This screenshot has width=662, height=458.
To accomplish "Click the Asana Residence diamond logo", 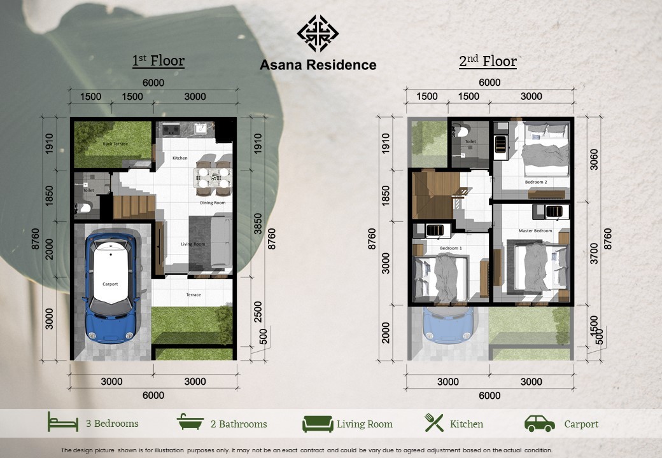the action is click(318, 33).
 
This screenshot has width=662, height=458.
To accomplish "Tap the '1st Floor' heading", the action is click(158, 60).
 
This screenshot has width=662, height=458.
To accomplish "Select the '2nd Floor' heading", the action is click(488, 61).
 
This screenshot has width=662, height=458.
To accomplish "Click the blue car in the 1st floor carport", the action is click(111, 288).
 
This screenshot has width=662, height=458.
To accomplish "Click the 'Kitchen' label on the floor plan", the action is click(180, 158).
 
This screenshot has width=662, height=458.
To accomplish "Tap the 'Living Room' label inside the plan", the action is click(193, 244).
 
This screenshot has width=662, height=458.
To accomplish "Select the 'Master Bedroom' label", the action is click(535, 231).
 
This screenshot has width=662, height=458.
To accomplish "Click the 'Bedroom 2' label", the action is click(536, 182).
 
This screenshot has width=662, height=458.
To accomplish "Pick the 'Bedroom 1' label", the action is click(451, 248).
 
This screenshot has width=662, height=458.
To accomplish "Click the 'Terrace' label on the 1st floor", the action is click(194, 295).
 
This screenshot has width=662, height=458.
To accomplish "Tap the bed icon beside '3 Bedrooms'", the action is click(63, 422).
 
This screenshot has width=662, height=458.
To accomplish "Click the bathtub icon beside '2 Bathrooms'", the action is click(190, 422).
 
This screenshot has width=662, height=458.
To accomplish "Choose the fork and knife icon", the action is click(434, 422).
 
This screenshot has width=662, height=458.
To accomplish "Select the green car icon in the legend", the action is click(540, 424).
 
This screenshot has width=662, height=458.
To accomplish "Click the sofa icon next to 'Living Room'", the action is click(318, 424).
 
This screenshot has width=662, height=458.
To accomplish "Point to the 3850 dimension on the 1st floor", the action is click(258, 223).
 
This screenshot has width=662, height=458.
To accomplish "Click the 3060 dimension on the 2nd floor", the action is click(594, 160).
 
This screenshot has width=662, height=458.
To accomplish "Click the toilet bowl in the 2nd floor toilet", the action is click(459, 131).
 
